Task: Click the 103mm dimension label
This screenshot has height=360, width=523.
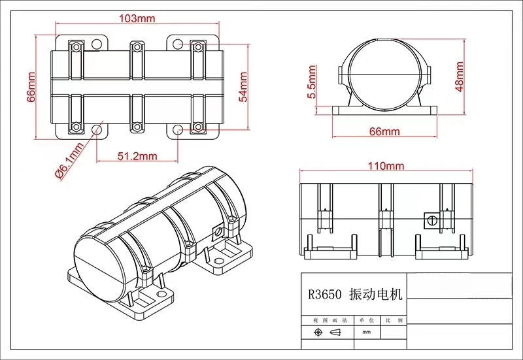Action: [x=137, y=18]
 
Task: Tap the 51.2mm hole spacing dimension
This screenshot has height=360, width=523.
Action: [x=137, y=156]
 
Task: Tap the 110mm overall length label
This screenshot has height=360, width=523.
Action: [x=386, y=166]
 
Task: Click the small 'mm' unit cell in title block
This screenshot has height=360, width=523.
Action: [x=365, y=333]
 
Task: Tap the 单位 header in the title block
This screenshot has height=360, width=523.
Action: [x=365, y=321]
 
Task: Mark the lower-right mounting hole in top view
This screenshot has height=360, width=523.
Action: [x=178, y=129]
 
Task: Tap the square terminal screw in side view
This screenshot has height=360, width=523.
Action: [x=431, y=220]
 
